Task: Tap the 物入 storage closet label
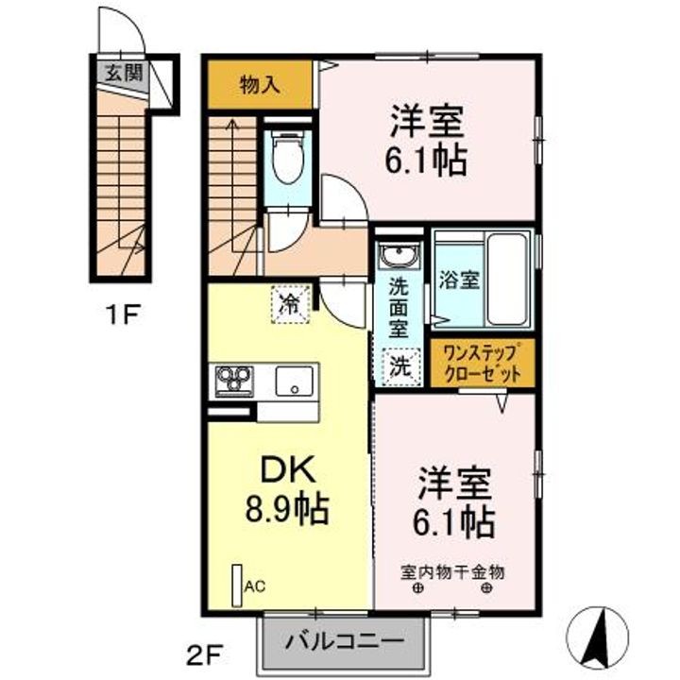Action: coord(260,85)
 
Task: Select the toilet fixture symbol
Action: coord(288,157)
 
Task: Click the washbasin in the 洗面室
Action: coord(399,254)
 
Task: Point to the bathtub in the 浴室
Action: coord(507,279)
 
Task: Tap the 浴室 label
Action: coord(459,280)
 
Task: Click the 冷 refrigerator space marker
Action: coord(290,305)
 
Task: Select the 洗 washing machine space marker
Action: coord(400,366)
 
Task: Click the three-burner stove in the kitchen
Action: coord(234,381)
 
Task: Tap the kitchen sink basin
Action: coord(295,381)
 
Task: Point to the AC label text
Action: coord(255,586)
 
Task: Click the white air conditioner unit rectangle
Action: coord(237,586)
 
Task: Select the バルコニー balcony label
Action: coord(345,640)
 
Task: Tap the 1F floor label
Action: coord(123,315)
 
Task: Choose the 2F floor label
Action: coord(205,654)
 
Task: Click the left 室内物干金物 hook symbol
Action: coord(419,588)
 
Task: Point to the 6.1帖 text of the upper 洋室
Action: coord(426,160)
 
